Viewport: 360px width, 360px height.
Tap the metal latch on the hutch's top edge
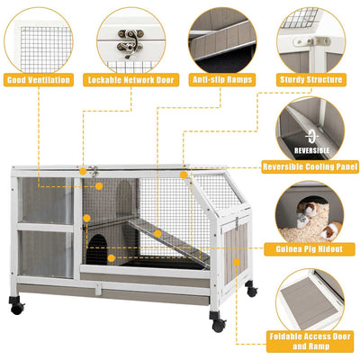pos(92,171)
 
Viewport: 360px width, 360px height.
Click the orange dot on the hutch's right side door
pos(237,262)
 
